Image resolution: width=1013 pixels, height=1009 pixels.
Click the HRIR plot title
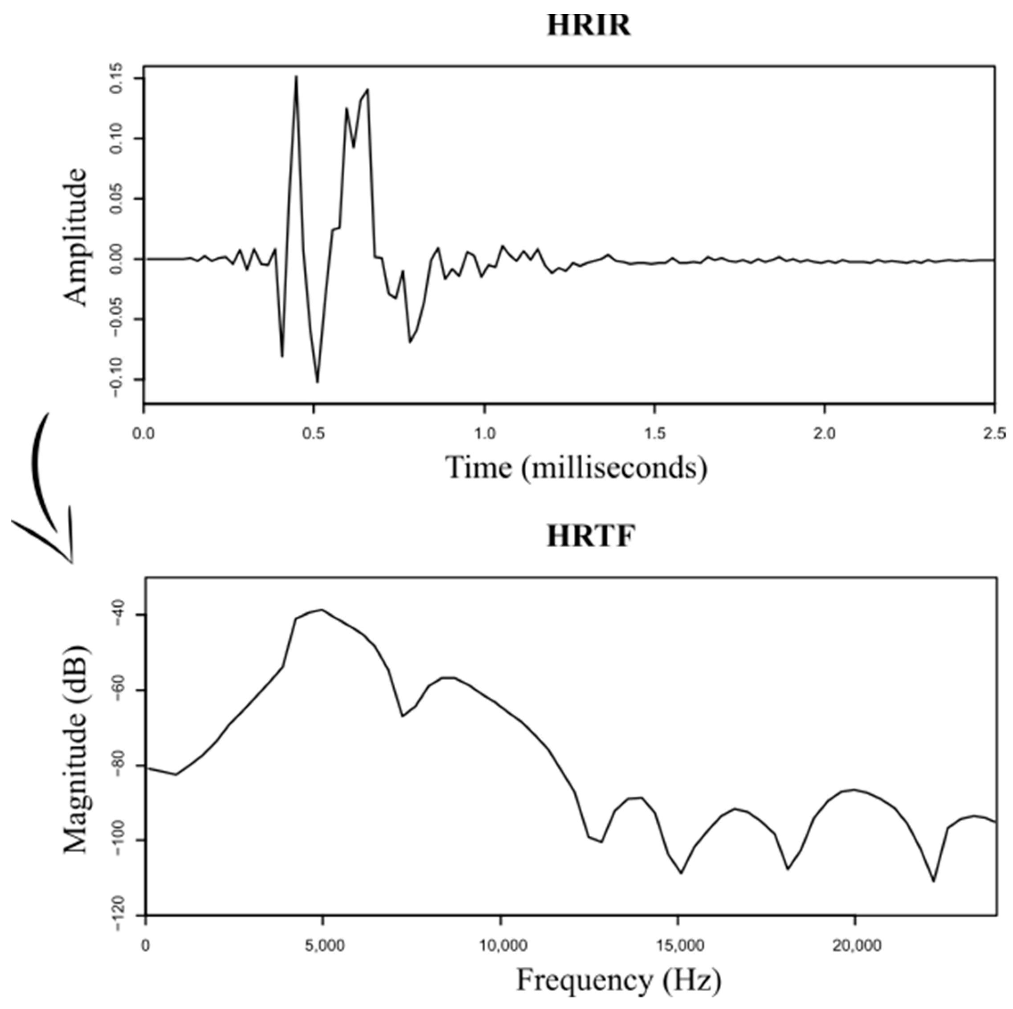pos(589,25)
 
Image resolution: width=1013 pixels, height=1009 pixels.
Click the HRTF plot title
pos(590,536)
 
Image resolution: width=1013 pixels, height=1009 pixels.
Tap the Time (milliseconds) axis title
pos(576,467)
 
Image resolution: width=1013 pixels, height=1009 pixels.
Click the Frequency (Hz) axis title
pos(619,980)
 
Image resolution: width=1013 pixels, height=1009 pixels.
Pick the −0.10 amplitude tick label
pos(117,378)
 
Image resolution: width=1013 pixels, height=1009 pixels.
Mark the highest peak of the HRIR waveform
pos(296,77)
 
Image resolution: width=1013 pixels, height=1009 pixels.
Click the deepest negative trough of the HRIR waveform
pos(317,382)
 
